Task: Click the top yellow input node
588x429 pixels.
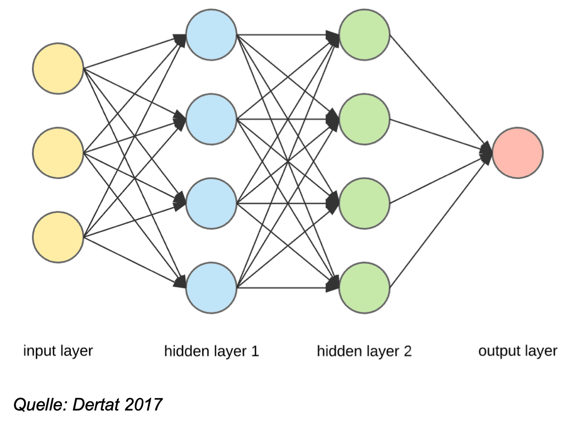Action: pyautogui.click(x=58, y=68)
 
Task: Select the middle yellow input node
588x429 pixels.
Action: pyautogui.click(x=58, y=153)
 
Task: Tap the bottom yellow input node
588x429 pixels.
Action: pyautogui.click(x=58, y=237)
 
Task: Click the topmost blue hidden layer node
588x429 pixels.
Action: pyautogui.click(x=211, y=35)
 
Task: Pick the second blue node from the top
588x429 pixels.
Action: pyautogui.click(x=211, y=119)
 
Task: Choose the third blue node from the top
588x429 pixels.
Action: pyautogui.click(x=211, y=203)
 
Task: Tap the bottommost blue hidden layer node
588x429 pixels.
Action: pyautogui.click(x=211, y=288)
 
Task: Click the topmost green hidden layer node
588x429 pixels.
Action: pyautogui.click(x=364, y=35)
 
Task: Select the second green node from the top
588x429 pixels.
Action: pyautogui.click(x=364, y=119)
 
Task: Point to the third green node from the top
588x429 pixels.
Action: pyautogui.click(x=364, y=203)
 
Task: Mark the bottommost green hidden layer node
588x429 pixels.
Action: pyautogui.click(x=364, y=288)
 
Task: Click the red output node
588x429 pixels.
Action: pyautogui.click(x=517, y=153)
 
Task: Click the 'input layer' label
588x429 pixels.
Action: pyautogui.click(x=58, y=351)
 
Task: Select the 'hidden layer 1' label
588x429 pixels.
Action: pyautogui.click(x=211, y=351)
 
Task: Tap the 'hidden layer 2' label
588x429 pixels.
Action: pyautogui.click(x=364, y=351)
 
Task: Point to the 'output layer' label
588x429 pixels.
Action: pyautogui.click(x=518, y=351)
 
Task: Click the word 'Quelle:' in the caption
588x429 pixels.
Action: pyautogui.click(x=41, y=405)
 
